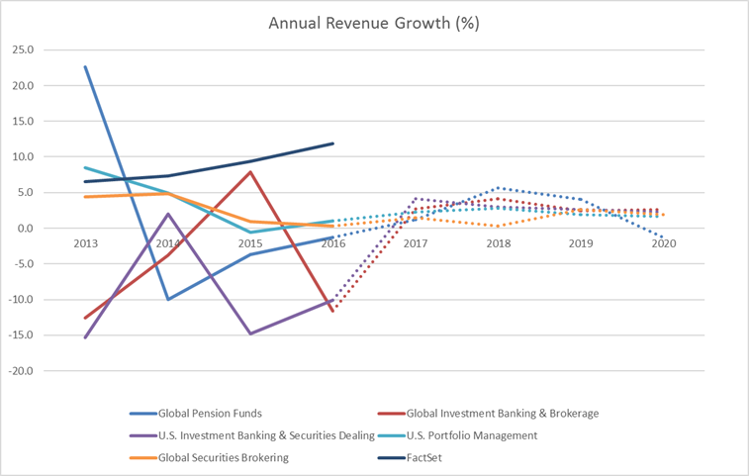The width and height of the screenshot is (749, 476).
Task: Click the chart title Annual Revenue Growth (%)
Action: pos(374,23)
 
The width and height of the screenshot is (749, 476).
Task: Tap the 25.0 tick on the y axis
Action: pos(23,49)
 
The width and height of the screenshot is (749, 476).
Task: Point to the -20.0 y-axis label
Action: pos(21,371)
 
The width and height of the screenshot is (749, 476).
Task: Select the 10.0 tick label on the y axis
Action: pos(23,156)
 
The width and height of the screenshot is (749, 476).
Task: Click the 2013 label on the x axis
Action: pos(85,243)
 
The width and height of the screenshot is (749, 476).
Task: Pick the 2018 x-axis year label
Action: pos(499,243)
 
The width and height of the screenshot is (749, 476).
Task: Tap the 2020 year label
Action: pos(664,243)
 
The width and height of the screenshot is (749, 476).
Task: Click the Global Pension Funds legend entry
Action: pos(196,414)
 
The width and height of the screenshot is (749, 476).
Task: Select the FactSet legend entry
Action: pos(410,458)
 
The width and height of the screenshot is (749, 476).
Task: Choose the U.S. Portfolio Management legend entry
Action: pos(458,435)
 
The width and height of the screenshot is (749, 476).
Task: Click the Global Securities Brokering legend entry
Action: pos(209,458)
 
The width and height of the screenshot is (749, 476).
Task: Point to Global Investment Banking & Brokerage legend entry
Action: pos(488,414)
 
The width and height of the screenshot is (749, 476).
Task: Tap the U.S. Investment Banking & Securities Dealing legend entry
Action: pos(252,435)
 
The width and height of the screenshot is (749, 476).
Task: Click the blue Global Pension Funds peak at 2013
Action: pos(85,67)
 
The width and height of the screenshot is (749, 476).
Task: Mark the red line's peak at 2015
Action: pos(250,172)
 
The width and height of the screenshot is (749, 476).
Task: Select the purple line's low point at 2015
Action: pos(250,333)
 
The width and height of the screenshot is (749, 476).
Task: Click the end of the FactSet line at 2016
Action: pos(332,143)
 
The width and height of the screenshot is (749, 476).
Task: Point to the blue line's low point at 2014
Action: pos(168,300)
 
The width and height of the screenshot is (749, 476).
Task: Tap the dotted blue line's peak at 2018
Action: pos(499,188)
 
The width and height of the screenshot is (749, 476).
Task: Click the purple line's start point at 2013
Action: pos(85,337)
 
